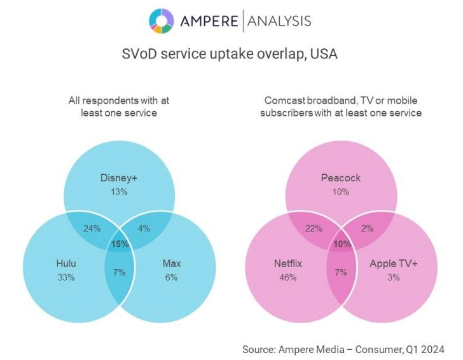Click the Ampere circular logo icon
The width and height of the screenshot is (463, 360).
pyautogui.click(x=162, y=20)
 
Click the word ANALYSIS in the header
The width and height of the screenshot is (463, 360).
pyautogui.click(x=277, y=21)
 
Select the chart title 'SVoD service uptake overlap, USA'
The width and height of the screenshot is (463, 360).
pyautogui.click(x=230, y=54)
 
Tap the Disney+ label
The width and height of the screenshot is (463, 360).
pyautogui.click(x=119, y=177)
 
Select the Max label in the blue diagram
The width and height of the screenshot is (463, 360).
pyautogui.click(x=170, y=264)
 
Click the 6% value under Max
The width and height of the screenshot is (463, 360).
pyautogui.click(x=170, y=277)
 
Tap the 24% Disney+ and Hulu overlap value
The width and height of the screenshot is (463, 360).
pyautogui.click(x=92, y=229)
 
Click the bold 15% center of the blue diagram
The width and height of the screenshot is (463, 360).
pyautogui.click(x=120, y=244)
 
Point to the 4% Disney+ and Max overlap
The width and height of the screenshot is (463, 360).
pyautogui.click(x=144, y=229)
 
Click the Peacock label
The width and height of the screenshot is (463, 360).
pyautogui.click(x=340, y=177)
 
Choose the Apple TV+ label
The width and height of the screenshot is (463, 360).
pyautogui.click(x=392, y=264)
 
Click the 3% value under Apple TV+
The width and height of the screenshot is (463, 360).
pyautogui.click(x=392, y=277)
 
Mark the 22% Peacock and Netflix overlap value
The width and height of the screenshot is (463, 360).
pyautogui.click(x=313, y=229)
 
